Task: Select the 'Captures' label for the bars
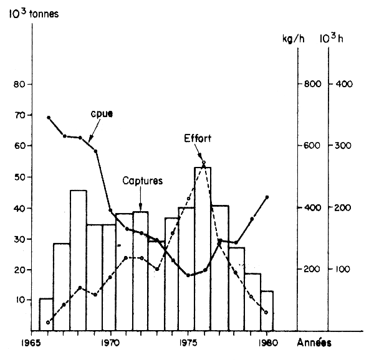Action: tap(143, 181)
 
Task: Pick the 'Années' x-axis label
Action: tap(314, 342)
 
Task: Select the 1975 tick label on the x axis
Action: tap(188, 342)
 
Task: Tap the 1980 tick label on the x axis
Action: tap(266, 342)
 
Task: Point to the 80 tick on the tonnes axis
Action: tap(19, 84)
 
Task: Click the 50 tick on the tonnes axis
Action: tap(19, 177)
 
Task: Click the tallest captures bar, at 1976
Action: tap(203, 249)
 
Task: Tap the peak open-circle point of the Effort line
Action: tap(204, 163)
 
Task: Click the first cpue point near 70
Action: tap(49, 117)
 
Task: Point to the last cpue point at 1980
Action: tap(267, 197)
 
